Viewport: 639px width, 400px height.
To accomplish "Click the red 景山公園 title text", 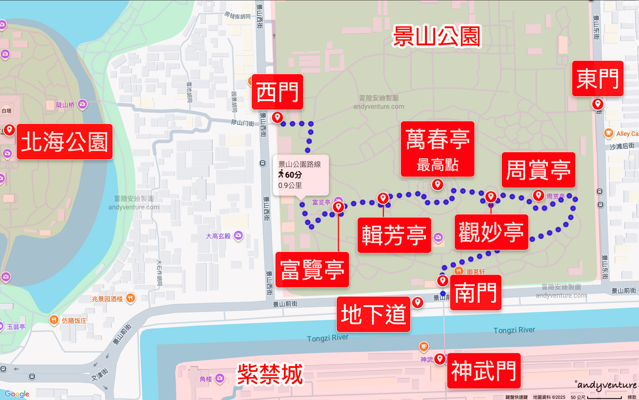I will [x=437, y=36].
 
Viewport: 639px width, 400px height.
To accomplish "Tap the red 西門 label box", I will [x=277, y=92].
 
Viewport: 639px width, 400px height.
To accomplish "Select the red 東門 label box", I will [x=597, y=79].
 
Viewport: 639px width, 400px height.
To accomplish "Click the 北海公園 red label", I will [x=65, y=142].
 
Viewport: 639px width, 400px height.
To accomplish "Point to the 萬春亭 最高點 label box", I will [x=437, y=149].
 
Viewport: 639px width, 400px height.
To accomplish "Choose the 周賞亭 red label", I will [x=538, y=170].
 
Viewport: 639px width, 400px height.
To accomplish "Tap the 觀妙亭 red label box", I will [x=491, y=232].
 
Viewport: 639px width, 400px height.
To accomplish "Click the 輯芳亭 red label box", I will [x=394, y=235].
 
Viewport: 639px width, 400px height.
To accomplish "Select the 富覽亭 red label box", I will [x=312, y=270].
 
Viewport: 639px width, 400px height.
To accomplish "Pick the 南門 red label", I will [x=475, y=292].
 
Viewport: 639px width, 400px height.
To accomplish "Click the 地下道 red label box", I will [x=373, y=314].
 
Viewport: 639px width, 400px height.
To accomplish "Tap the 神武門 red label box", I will [x=483, y=371].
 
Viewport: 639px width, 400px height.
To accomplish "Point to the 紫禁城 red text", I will [x=270, y=374].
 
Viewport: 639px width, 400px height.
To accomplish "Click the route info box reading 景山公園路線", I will [x=300, y=175].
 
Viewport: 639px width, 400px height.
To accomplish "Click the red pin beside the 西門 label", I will [x=277, y=117].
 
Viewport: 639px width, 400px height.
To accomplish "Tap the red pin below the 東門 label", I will [x=598, y=104].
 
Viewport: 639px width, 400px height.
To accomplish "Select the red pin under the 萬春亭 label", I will [x=438, y=184].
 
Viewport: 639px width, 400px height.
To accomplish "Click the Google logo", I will [x=17, y=394].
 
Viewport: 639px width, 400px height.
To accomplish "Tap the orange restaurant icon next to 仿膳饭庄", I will [x=54, y=320].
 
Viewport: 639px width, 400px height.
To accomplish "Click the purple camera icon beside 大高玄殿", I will [x=238, y=235].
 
